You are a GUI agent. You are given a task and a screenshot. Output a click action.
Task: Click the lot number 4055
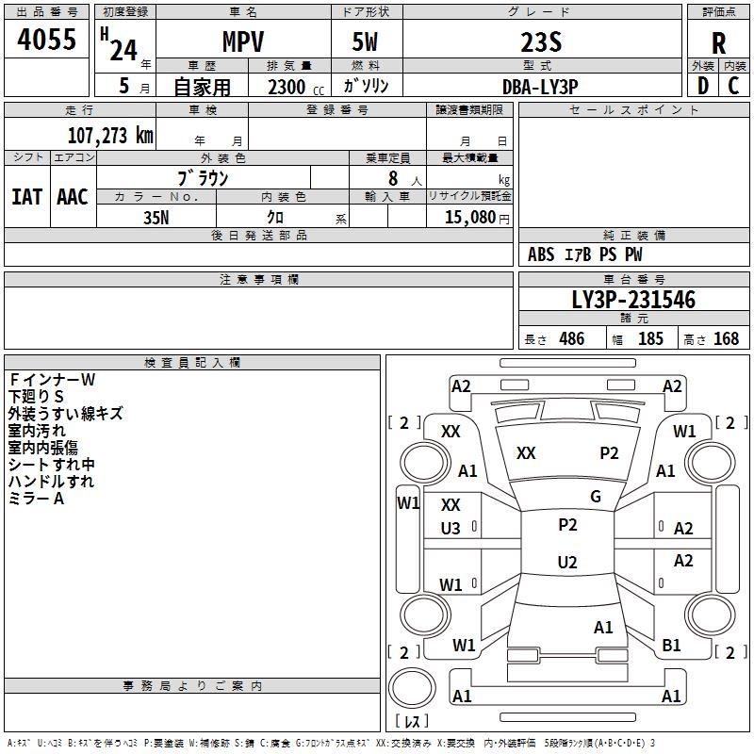(x=47, y=41)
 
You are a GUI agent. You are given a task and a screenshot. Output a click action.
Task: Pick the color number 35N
(x=156, y=216)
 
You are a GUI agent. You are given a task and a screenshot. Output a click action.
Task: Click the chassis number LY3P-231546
(x=633, y=300)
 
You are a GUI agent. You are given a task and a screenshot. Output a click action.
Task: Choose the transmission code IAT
(x=26, y=196)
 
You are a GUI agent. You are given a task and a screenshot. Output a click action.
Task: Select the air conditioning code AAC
(x=73, y=196)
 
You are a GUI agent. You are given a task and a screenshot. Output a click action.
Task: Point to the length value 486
(x=571, y=339)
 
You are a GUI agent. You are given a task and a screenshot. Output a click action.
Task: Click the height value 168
(x=726, y=339)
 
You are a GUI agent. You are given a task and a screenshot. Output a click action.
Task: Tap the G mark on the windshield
(x=596, y=497)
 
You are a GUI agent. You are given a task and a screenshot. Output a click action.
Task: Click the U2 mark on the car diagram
(x=567, y=563)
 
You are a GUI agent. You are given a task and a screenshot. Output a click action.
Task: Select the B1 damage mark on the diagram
(x=671, y=646)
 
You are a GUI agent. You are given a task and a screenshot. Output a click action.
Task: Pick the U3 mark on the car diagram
(x=451, y=530)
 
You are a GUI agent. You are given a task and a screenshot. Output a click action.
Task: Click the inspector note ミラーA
(x=36, y=499)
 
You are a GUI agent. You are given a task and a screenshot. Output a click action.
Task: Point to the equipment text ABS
(x=541, y=254)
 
